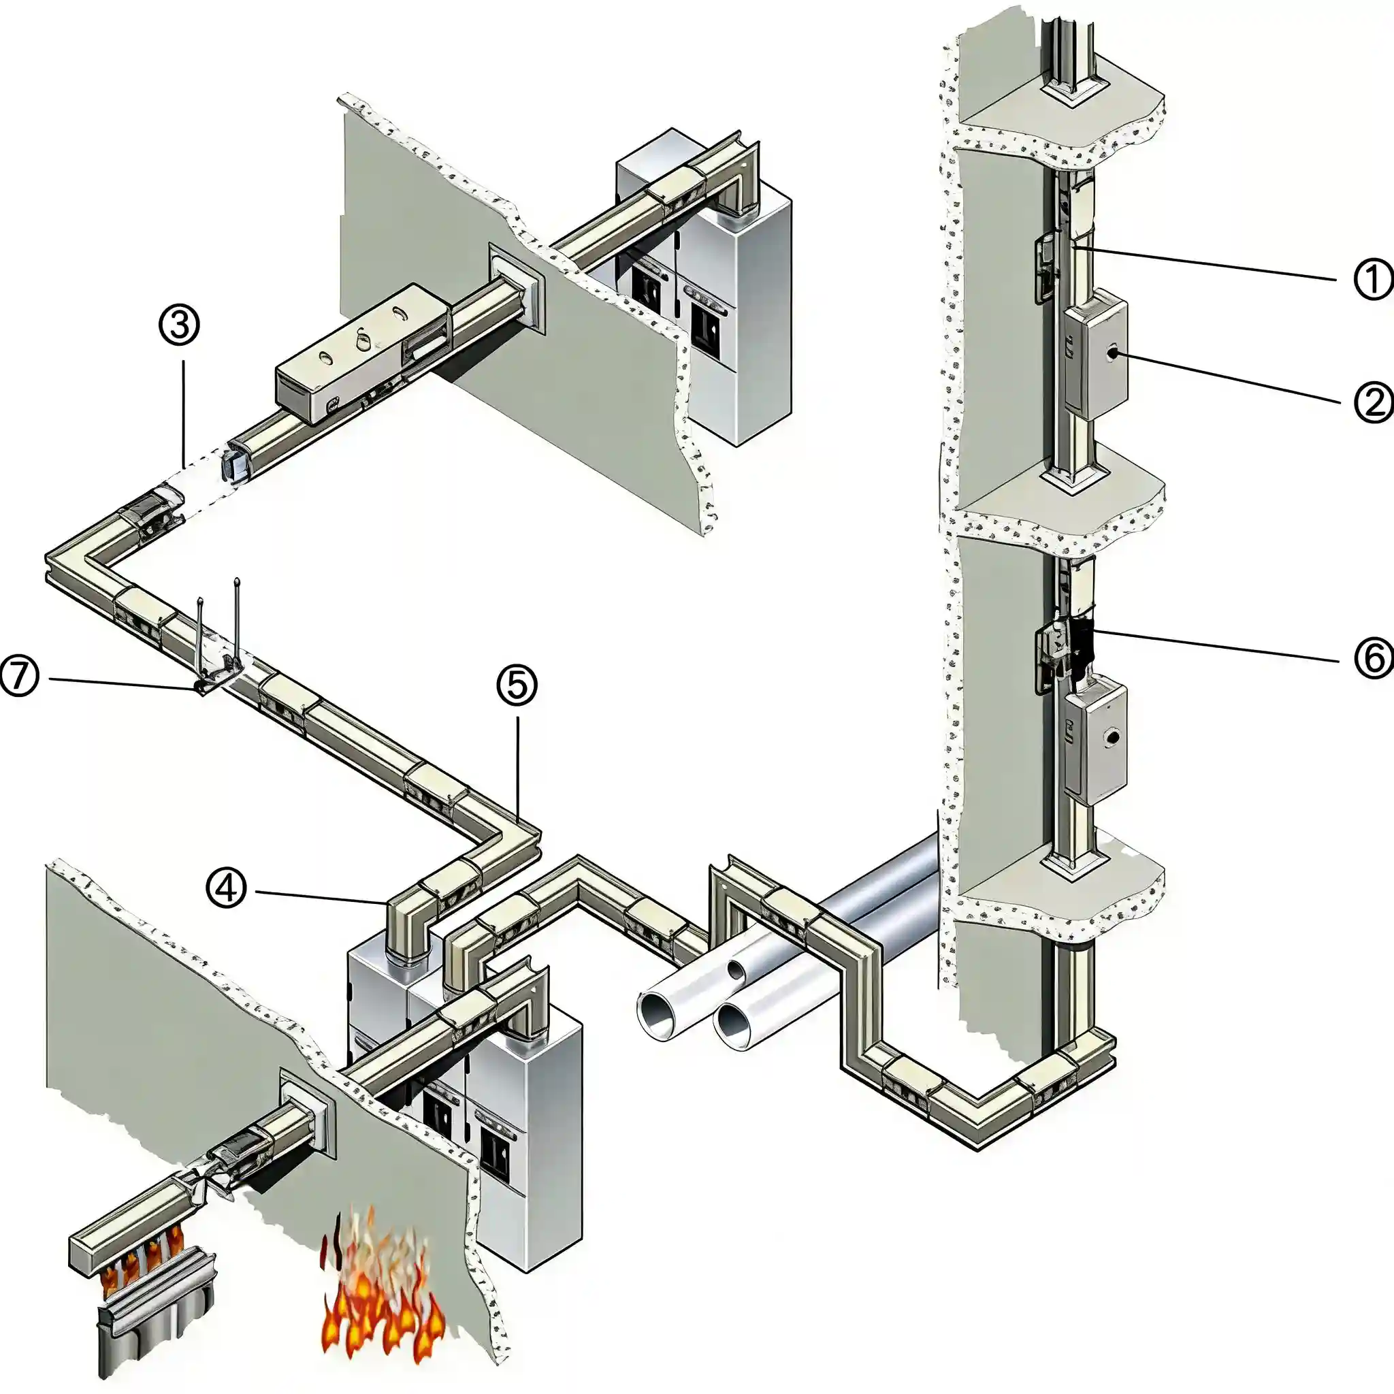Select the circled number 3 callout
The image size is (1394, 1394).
pyautogui.click(x=179, y=325)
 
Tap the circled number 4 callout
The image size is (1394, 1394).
pyautogui.click(x=227, y=888)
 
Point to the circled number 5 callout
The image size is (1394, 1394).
pyautogui.click(x=517, y=685)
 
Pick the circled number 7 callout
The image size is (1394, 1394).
pyautogui.click(x=19, y=677)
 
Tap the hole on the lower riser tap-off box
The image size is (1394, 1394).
pyautogui.click(x=1114, y=737)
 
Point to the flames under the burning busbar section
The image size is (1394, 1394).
pyautogui.click(x=141, y=1263)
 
